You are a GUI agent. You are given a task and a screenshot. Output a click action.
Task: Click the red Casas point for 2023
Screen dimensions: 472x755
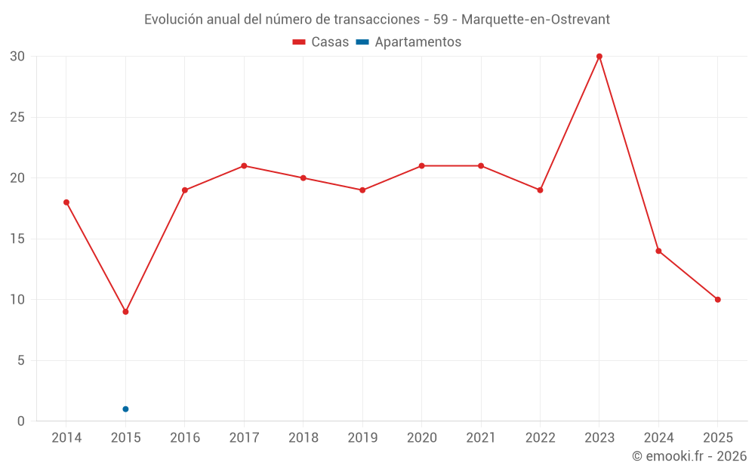(x=599, y=57)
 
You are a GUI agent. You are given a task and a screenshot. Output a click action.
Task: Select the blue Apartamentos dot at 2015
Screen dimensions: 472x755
(x=125, y=409)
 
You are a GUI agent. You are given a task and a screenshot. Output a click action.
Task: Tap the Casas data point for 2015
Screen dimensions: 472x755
(x=125, y=312)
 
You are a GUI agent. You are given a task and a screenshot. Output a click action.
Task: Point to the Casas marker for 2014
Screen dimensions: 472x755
(x=66, y=202)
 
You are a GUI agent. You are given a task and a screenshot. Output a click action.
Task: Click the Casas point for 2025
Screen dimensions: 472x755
(x=718, y=300)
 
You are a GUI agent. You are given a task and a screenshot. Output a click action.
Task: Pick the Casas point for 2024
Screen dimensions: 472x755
(x=658, y=251)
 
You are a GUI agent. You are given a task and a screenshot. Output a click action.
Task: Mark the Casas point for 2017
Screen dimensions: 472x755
(x=244, y=166)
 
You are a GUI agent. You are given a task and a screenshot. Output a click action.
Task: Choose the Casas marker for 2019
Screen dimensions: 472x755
(x=362, y=190)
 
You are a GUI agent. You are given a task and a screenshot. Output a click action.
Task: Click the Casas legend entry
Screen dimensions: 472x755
(x=321, y=42)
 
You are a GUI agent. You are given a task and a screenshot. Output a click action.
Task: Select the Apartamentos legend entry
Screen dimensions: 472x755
(x=408, y=42)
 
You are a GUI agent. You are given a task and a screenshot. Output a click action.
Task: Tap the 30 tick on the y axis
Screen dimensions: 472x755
(x=17, y=57)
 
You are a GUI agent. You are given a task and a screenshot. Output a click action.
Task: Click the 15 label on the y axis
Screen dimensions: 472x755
(x=17, y=239)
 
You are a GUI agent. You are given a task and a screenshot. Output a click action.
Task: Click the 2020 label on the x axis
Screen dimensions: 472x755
(x=421, y=438)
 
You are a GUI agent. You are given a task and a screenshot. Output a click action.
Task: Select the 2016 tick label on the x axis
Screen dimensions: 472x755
(x=185, y=438)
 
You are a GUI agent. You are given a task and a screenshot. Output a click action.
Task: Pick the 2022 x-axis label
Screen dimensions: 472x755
(x=540, y=438)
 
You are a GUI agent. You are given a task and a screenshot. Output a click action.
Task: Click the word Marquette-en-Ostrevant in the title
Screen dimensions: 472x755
(x=540, y=20)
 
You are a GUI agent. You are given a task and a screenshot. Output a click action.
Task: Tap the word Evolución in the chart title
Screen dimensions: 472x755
(x=174, y=20)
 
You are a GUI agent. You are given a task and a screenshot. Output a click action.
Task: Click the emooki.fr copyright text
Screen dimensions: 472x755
(x=689, y=456)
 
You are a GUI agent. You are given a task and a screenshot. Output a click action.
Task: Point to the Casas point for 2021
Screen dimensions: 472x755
(x=481, y=166)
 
